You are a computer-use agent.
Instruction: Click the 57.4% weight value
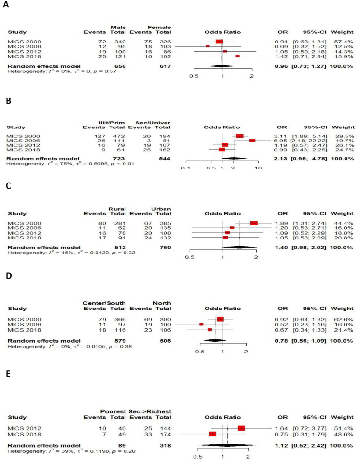coord(346,42)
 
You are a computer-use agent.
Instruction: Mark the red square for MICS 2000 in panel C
coord(254,223)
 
